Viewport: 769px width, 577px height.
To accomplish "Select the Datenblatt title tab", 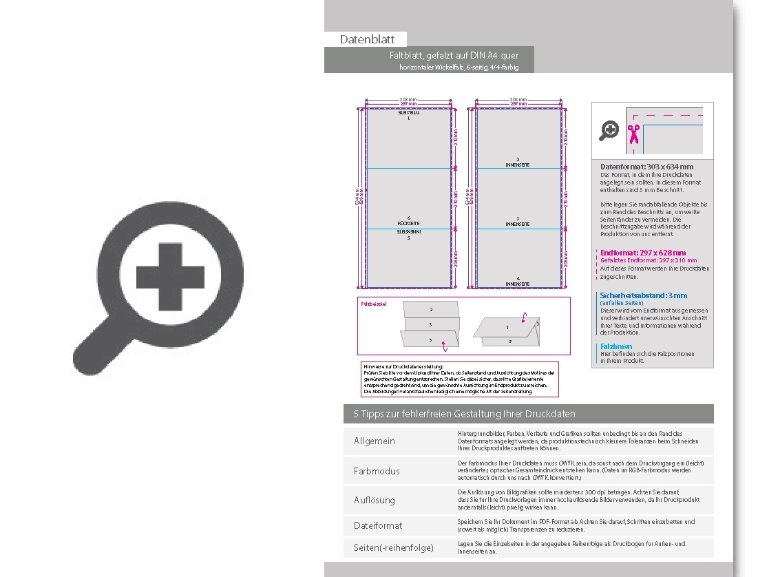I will click(367, 39).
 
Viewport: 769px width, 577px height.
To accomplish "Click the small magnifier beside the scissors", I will click(609, 130).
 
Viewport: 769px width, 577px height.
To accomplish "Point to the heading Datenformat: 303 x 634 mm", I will click(646, 167).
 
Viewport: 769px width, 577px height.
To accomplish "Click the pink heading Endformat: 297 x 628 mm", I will click(643, 253).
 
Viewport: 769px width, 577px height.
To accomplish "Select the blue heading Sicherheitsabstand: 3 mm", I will click(643, 295).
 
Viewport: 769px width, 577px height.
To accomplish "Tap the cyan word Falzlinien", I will click(616, 346).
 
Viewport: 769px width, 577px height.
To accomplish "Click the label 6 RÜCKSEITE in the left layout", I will click(408, 222).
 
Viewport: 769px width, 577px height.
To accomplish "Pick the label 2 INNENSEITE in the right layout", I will click(518, 162).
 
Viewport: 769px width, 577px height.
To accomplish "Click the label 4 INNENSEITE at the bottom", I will click(518, 282).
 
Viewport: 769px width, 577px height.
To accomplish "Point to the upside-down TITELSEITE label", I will click(408, 114).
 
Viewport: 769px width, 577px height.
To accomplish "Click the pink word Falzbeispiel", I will click(374, 304).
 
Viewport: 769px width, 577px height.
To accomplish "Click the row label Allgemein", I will click(375, 441).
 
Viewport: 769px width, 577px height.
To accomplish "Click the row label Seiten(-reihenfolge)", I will click(394, 548).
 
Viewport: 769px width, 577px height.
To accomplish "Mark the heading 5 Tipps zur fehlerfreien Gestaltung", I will click(464, 414).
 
